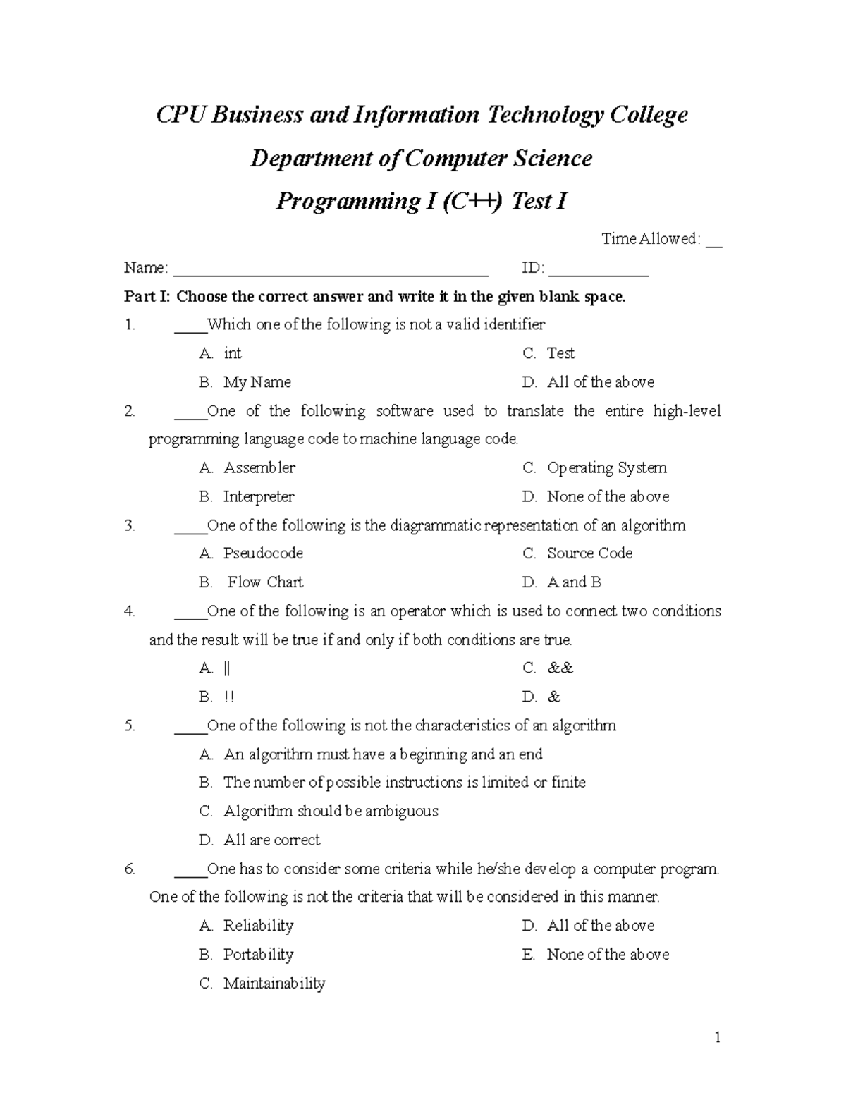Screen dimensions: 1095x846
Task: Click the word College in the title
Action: [649, 115]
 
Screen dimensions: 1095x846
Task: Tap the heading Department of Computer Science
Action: [421, 158]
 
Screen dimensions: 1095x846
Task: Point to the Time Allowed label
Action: [650, 239]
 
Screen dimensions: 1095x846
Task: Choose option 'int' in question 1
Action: [232, 353]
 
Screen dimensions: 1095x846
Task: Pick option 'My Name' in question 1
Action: [257, 382]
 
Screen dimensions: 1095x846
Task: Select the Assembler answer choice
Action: [259, 468]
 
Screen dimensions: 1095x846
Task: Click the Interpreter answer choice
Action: [258, 497]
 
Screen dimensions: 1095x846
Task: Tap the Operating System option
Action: [606, 468]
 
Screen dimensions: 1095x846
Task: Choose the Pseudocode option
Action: [263, 553]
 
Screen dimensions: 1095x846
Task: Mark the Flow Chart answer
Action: [265, 582]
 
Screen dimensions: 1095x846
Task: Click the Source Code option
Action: [589, 553]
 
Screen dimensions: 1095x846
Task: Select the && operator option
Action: [560, 668]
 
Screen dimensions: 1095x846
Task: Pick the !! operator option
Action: [228, 697]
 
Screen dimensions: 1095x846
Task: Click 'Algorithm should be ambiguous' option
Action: [331, 812]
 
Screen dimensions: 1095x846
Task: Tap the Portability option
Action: [258, 955]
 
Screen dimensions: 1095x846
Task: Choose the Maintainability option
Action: [274, 984]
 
